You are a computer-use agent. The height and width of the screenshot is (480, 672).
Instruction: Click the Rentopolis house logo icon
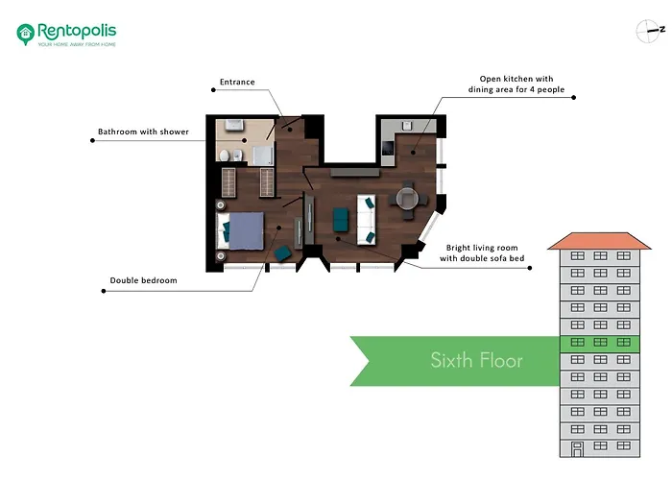(26, 34)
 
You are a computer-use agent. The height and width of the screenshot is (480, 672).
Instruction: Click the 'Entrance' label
(237, 82)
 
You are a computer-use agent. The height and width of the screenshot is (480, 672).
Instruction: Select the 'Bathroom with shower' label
(143, 132)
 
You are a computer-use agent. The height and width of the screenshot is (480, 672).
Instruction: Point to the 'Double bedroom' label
(143, 280)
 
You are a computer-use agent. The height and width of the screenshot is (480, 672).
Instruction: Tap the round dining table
(407, 198)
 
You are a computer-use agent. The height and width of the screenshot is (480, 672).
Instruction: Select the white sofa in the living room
(366, 220)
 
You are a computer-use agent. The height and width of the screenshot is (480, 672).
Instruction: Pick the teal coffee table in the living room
(340, 220)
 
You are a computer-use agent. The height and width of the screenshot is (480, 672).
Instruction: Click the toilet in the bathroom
(224, 155)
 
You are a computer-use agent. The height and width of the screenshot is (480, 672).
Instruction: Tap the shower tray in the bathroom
(262, 156)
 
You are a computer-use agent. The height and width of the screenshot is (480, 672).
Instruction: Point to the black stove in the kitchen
(387, 149)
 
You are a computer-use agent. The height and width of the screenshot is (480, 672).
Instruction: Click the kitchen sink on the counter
(407, 125)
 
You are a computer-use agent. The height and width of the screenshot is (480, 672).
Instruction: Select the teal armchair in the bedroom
(283, 252)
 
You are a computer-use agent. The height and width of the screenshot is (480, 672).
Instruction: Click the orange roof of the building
(594, 240)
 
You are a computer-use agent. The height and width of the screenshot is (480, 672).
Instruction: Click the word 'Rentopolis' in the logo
(77, 29)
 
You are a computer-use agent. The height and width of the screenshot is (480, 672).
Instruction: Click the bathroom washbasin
(231, 125)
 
